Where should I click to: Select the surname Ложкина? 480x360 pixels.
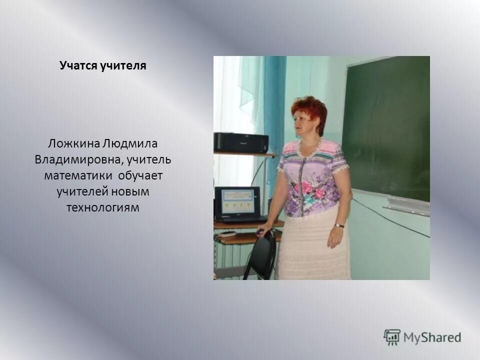pyautogui.click(x=73, y=144)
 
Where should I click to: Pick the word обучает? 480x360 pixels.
pyautogui.click(x=141, y=176)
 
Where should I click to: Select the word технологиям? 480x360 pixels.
pyautogui.click(x=102, y=207)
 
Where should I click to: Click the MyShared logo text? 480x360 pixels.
pyautogui.click(x=432, y=337)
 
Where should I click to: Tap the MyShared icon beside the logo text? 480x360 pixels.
pyautogui.click(x=392, y=337)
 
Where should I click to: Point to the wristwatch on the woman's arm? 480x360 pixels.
pyautogui.click(x=339, y=225)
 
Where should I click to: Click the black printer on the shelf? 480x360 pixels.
pyautogui.click(x=240, y=142)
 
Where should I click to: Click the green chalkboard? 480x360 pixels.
pyautogui.click(x=387, y=125)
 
